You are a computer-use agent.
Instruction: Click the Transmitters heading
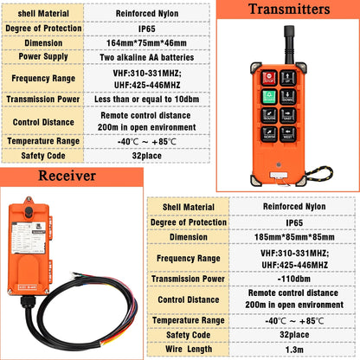point(287,10)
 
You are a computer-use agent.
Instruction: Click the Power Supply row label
point(43,57)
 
